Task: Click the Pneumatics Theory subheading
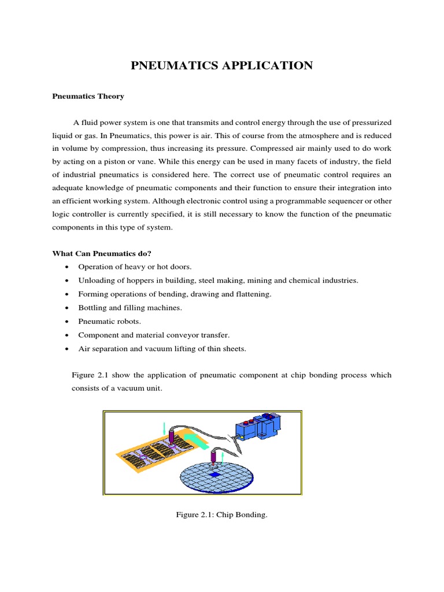pos(88,97)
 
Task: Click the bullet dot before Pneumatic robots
pos(68,321)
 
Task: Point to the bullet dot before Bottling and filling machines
pos(68,308)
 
